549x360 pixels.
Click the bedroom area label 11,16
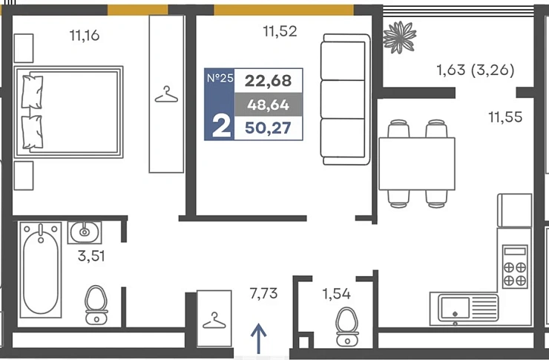pyautogui.click(x=85, y=36)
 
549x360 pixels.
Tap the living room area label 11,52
pyautogui.click(x=280, y=31)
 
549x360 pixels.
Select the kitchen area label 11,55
pyautogui.click(x=505, y=117)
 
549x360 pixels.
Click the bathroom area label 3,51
pyautogui.click(x=91, y=256)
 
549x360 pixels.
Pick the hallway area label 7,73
pyautogui.click(x=263, y=293)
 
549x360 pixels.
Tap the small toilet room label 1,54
pyautogui.click(x=337, y=294)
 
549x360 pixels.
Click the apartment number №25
pyautogui.click(x=220, y=78)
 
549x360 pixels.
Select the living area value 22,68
pyautogui.click(x=269, y=81)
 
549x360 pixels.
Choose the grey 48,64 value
pyautogui.click(x=269, y=105)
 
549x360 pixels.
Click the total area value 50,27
pyautogui.click(x=269, y=128)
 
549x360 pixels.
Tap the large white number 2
pyautogui.click(x=221, y=127)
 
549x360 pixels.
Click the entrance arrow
pyautogui.click(x=258, y=338)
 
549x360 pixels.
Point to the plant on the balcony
pyautogui.click(x=399, y=37)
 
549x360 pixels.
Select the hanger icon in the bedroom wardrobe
pyautogui.click(x=166, y=94)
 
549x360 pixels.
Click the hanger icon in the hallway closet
pyautogui.click(x=214, y=321)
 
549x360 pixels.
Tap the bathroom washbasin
pyautogui.click(x=85, y=232)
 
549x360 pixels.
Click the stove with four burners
pyautogui.click(x=515, y=266)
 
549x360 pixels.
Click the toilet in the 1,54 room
pyautogui.click(x=347, y=327)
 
